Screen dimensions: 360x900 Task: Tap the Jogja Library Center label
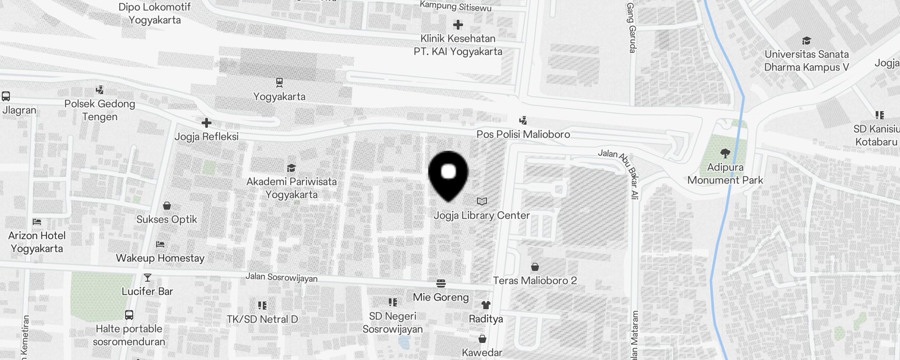coord(481,216)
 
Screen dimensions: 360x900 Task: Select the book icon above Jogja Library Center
coord(482,201)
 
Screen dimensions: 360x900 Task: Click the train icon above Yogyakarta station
coord(279,82)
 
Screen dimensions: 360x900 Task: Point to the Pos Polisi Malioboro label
coord(523,134)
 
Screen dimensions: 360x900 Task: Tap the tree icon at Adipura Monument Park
coord(725,153)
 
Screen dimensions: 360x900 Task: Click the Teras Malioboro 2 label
coord(535,280)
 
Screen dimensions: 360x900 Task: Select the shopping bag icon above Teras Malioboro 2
coord(535,267)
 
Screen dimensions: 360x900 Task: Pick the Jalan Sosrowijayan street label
coord(281,277)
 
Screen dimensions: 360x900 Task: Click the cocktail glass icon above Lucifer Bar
coord(148,278)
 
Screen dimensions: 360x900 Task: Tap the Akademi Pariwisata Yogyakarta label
coord(292,188)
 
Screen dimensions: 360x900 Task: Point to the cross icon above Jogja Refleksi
coord(207,123)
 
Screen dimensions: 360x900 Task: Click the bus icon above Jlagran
coord(6,96)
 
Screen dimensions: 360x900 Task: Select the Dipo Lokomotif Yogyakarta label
coord(155,13)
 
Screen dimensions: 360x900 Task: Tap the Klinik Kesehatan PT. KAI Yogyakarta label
coord(458,45)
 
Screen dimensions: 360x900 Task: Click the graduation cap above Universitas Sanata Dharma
coord(806,41)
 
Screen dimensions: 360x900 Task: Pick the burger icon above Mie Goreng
coord(441,283)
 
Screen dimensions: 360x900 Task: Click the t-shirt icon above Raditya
coord(486,305)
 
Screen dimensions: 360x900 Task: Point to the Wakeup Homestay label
coord(160,258)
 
